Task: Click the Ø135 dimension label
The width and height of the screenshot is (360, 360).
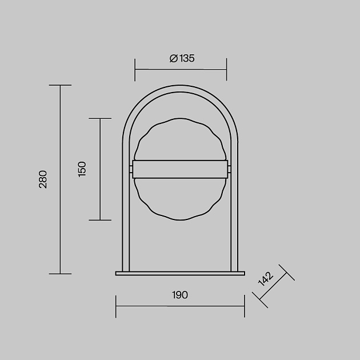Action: click(182, 58)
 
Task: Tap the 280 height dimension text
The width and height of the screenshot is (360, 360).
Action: click(43, 179)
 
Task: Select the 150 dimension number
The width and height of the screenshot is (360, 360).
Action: click(82, 169)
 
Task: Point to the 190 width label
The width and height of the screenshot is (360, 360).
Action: click(180, 295)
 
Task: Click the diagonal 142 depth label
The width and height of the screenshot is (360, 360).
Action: click(266, 279)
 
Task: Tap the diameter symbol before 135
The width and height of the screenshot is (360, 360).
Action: click(174, 58)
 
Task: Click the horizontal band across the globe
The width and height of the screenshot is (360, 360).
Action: click(180, 169)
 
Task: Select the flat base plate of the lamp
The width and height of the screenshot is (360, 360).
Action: click(180, 273)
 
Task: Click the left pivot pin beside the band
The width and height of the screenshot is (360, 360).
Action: click(131, 169)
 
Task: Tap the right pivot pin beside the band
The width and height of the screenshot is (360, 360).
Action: click(229, 169)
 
